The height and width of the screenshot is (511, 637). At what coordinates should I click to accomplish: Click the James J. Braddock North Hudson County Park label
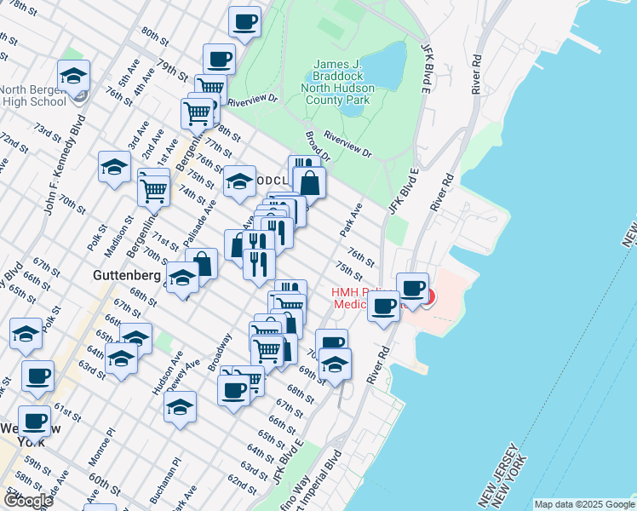(x=343, y=83)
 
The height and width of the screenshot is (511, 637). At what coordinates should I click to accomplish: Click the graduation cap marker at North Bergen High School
(x=74, y=76)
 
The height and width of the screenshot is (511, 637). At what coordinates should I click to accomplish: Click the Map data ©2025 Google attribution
(x=584, y=504)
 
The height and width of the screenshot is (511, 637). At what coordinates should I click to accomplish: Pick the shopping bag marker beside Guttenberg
(x=203, y=263)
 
